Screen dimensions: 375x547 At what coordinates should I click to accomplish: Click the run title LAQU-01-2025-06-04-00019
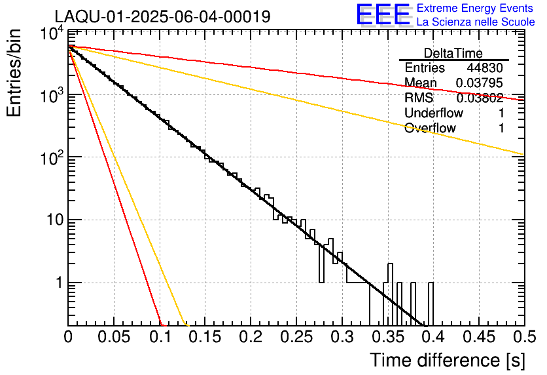[162, 17]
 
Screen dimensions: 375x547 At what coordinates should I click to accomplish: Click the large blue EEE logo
[383, 15]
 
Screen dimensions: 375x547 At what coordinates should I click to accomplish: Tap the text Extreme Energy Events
[476, 9]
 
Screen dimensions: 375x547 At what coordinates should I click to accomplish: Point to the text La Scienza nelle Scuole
[476, 22]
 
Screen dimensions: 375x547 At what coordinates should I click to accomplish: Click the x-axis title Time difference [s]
[446, 360]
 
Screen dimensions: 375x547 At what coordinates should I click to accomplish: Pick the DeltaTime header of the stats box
[453, 53]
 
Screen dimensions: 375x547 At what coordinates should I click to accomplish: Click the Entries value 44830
[485, 68]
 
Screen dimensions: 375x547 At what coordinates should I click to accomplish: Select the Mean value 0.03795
[480, 83]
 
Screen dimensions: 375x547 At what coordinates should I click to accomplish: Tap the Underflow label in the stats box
[434, 113]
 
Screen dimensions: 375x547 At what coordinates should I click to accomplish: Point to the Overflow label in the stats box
[430, 128]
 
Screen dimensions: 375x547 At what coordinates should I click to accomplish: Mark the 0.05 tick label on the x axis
[115, 338]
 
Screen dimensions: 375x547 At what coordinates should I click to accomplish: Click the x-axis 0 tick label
[69, 338]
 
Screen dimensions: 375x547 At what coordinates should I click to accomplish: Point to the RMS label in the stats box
[419, 98]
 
